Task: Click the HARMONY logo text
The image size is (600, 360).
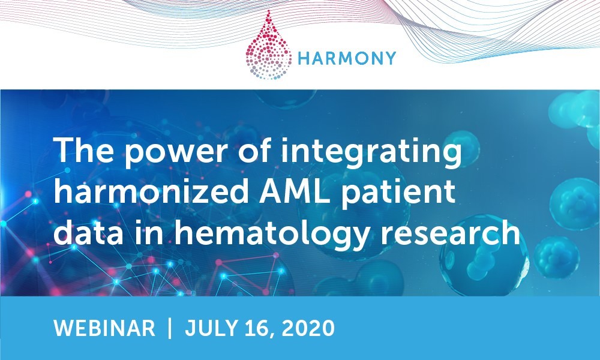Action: (347, 59)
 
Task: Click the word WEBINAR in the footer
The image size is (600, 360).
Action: (104, 328)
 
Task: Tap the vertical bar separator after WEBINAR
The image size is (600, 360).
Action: (170, 328)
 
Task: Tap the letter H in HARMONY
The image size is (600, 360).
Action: (304, 59)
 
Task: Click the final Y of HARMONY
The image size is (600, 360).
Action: (390, 59)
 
